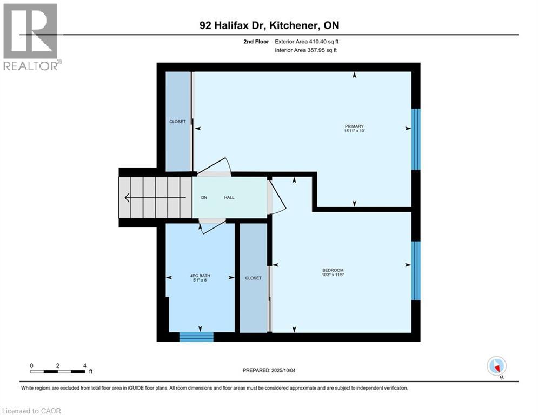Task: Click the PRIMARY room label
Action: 354,126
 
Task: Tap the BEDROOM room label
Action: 333,270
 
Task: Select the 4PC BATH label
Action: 200,276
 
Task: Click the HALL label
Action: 229,198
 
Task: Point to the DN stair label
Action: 204,198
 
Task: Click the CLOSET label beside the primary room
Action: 177,122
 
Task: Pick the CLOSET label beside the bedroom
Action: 253,278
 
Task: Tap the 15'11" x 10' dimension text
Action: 354,131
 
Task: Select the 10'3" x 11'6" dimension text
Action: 333,275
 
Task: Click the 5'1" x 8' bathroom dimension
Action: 200,280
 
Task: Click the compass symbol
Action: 496,366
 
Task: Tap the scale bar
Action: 57,371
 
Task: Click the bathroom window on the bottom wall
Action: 196,337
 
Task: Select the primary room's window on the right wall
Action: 416,139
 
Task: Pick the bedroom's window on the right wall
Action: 416,270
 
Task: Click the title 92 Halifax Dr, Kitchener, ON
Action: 269,25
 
